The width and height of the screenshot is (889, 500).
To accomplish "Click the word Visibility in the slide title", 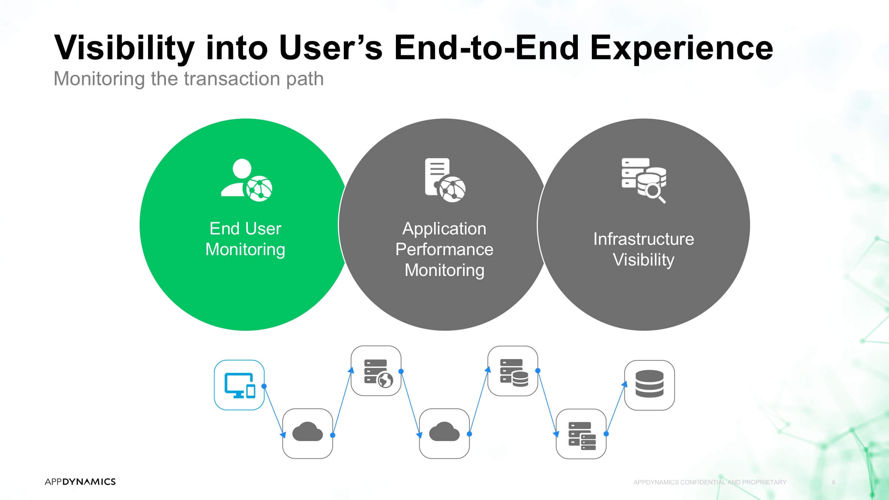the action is [x=124, y=48].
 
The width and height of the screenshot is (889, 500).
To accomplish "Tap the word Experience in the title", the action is [x=682, y=48].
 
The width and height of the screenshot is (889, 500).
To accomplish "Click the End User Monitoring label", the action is [x=245, y=239].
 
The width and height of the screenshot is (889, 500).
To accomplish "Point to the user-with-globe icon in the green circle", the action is [x=246, y=180].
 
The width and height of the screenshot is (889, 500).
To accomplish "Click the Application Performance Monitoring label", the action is [x=444, y=249].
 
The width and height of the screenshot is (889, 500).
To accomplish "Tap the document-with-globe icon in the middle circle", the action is [x=445, y=180].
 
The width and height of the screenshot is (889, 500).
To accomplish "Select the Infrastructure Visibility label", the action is [x=644, y=249].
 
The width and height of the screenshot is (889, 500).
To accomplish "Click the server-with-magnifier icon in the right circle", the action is [x=644, y=181].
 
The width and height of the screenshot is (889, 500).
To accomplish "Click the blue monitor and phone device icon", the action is [x=240, y=385].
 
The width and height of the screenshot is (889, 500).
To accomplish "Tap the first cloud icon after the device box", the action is [x=307, y=432].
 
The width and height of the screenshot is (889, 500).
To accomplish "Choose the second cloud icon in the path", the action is [x=444, y=432].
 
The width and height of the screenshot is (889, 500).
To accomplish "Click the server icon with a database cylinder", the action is [x=514, y=373].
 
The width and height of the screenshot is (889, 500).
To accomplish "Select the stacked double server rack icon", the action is [x=582, y=436].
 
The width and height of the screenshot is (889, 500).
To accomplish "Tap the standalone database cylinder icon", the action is [x=649, y=384].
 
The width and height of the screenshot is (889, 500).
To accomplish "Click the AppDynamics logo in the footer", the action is [x=80, y=481].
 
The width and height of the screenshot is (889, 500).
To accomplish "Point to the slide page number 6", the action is [x=834, y=482].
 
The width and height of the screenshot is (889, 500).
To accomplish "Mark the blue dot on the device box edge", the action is [x=264, y=386].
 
